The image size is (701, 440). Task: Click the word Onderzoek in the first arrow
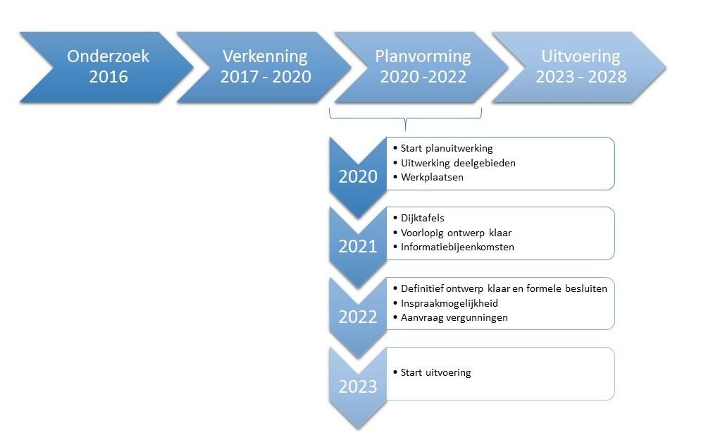108,56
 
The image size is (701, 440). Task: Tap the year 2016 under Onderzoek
108,77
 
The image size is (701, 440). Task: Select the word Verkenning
265,57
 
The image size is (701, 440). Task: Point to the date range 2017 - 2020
266,77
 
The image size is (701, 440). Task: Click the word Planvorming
423,57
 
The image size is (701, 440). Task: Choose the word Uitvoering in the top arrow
581,57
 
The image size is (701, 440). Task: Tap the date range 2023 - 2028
581,77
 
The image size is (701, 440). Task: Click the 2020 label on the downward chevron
358,177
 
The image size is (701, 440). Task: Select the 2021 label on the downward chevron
358,247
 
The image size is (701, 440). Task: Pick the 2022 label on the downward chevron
358,317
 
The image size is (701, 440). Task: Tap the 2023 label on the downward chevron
358,386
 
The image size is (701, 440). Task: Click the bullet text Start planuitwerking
447,149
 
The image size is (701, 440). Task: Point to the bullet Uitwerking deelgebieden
458,163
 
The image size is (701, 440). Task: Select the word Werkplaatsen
432,177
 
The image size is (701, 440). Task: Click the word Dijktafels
423,218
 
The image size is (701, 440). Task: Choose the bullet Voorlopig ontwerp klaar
456,233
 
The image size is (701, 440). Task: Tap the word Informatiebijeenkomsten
457,247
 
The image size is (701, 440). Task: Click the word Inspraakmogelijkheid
449,303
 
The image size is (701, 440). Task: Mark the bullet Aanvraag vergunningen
454,318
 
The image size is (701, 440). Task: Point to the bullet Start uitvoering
436,372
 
